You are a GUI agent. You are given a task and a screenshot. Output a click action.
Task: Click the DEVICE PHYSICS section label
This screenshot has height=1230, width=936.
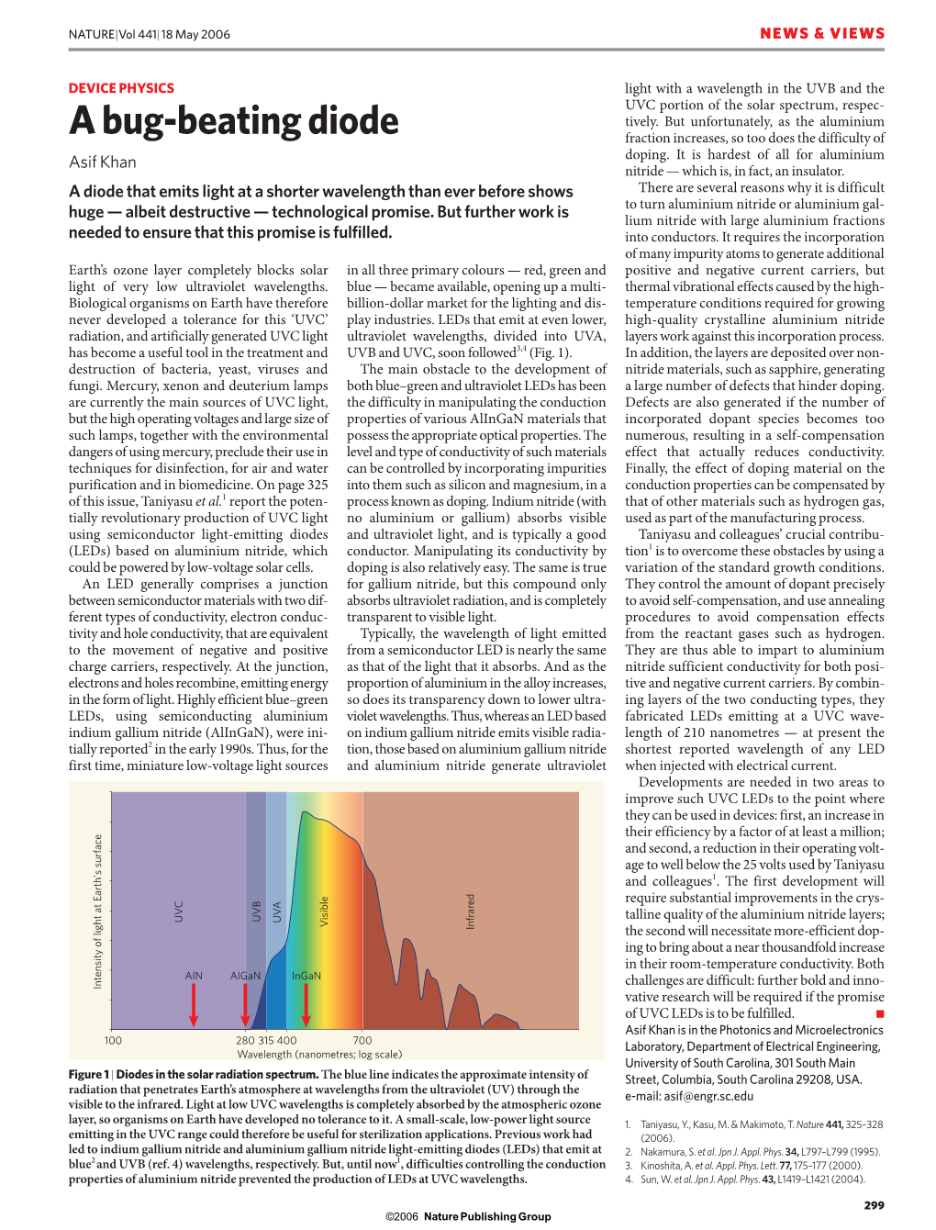click(x=121, y=88)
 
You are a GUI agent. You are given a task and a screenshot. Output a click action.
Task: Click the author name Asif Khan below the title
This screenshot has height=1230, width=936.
click(x=103, y=162)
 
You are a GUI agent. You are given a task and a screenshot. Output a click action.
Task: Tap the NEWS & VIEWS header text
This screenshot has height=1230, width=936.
click(x=821, y=34)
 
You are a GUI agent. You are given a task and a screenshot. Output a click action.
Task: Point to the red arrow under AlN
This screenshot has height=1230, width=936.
click(x=194, y=1005)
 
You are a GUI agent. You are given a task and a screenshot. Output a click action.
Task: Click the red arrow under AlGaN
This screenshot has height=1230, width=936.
click(x=245, y=1005)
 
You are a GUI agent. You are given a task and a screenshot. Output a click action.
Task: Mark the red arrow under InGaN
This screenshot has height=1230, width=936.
click(x=306, y=1005)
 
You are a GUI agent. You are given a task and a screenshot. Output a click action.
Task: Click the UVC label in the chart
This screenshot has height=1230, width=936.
click(x=179, y=911)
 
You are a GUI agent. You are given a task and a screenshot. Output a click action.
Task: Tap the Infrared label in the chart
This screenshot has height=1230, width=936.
click(x=471, y=911)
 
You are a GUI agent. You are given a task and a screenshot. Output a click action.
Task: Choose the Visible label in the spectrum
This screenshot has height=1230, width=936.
click(x=324, y=911)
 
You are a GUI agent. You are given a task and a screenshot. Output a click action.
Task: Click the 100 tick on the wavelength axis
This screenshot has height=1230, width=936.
click(x=113, y=1040)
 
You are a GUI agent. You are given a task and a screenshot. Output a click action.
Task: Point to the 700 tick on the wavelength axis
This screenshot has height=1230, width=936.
click(x=362, y=1040)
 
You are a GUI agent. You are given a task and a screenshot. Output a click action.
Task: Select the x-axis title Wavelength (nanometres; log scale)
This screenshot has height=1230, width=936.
click(x=319, y=1054)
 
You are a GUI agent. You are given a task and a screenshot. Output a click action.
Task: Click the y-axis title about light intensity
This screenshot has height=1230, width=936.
click(x=98, y=911)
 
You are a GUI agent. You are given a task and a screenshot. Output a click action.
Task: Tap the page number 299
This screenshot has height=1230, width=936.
click(x=874, y=1205)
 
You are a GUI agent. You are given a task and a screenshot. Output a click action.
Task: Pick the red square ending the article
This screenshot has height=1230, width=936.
click(x=880, y=1013)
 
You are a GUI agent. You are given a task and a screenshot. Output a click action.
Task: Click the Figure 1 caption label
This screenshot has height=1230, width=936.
click(x=88, y=1075)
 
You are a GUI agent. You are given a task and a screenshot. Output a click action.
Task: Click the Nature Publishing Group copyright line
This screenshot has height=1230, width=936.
click(x=468, y=1216)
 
